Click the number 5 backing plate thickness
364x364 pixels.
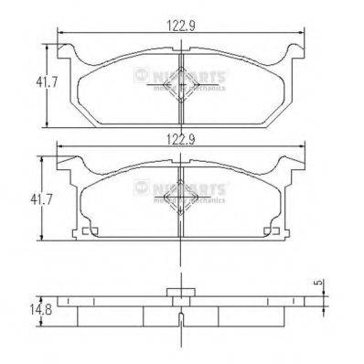pyautogui.click(x=319, y=283)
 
